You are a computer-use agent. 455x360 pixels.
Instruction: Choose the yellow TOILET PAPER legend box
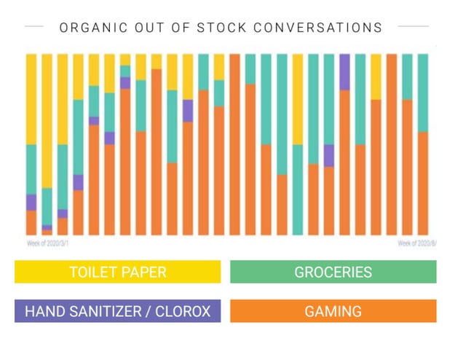pyautogui.click(x=117, y=273)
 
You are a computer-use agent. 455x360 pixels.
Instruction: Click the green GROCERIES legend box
pyautogui.click(x=333, y=273)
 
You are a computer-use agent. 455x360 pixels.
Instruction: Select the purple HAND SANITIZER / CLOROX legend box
pyautogui.click(x=117, y=311)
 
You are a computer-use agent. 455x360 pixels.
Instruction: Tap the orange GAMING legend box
pyautogui.click(x=333, y=311)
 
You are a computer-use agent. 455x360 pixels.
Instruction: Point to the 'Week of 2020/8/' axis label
pyautogui.click(x=416, y=243)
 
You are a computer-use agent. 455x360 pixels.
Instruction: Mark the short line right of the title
pyautogui.click(x=413, y=26)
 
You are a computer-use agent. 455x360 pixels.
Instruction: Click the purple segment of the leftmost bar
pyautogui.click(x=31, y=203)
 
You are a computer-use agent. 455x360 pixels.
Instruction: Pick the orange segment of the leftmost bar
pyautogui.click(x=31, y=222)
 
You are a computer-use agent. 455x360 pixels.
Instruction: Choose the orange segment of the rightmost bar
pyautogui.click(x=423, y=183)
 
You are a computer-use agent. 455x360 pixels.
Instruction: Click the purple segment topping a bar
pyautogui.click(x=344, y=71)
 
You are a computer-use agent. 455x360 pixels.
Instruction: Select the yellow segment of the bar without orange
pyautogui.click(x=298, y=99)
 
